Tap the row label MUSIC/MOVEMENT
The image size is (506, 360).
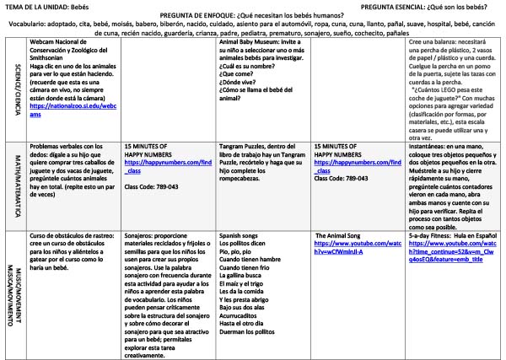coord(9,291)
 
